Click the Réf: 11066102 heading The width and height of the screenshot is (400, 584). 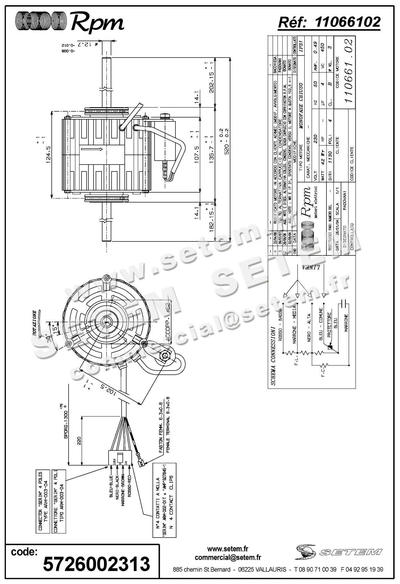click(x=329, y=22)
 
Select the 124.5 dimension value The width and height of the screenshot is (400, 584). click(x=48, y=154)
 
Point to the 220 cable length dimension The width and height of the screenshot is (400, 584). click(x=79, y=441)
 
